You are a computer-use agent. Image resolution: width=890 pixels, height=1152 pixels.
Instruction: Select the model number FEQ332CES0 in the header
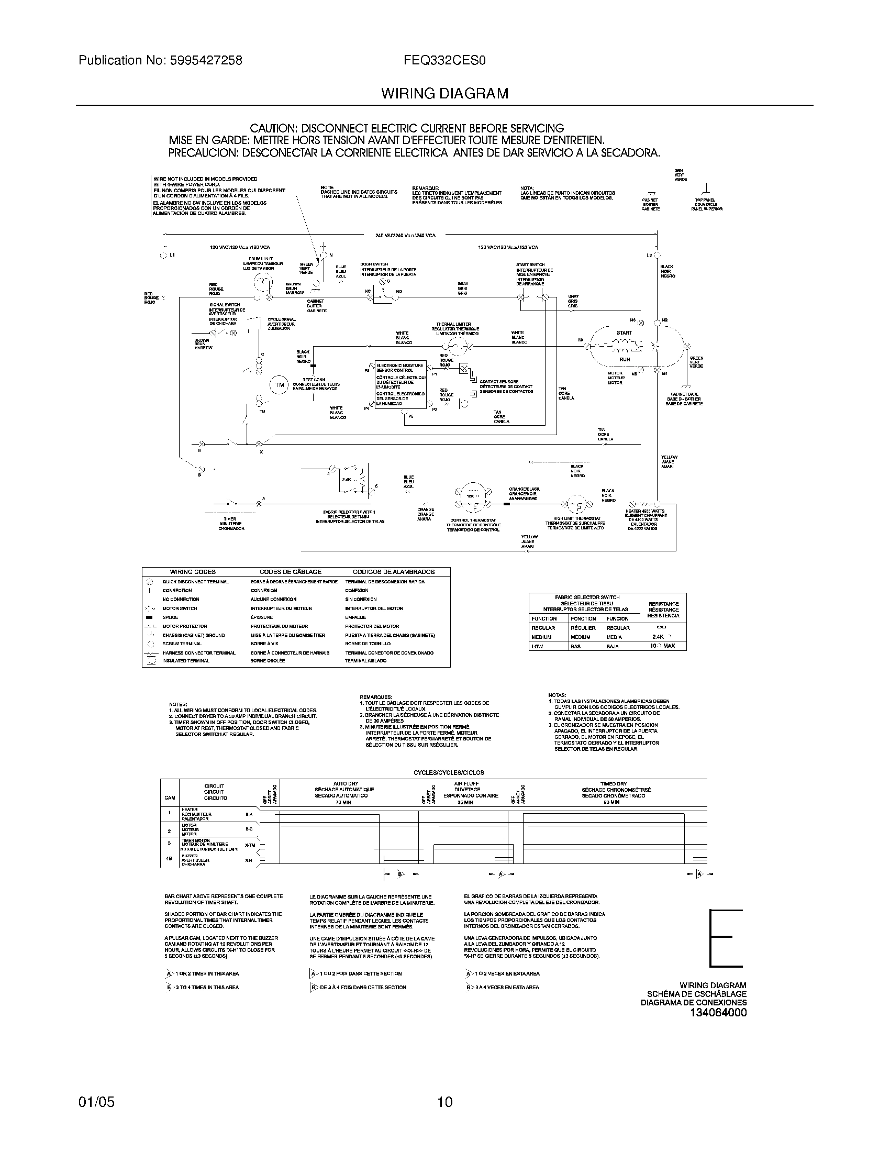coord(444,60)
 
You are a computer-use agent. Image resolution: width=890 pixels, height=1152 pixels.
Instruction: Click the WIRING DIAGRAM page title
coord(445,94)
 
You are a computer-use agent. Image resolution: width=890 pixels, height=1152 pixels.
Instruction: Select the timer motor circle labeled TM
coord(280,385)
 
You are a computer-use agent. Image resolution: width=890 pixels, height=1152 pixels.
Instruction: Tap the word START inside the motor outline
coord(624,333)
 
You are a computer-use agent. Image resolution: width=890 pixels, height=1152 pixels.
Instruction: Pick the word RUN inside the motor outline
coord(625,359)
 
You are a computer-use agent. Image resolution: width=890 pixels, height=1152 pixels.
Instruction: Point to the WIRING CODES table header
coord(193,572)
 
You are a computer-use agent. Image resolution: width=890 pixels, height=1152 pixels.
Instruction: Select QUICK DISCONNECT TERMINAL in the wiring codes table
coord(195,581)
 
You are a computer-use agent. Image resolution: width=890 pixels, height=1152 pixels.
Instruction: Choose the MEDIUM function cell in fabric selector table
coord(541,637)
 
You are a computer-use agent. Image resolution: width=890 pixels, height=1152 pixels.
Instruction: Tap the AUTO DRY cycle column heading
coord(346,784)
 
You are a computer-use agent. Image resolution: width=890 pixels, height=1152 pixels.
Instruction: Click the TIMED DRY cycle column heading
coord(613,784)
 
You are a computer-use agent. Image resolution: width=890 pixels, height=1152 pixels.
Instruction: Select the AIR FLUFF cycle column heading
coord(466,784)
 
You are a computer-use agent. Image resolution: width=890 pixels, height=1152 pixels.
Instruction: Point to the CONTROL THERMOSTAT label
coord(473,520)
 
